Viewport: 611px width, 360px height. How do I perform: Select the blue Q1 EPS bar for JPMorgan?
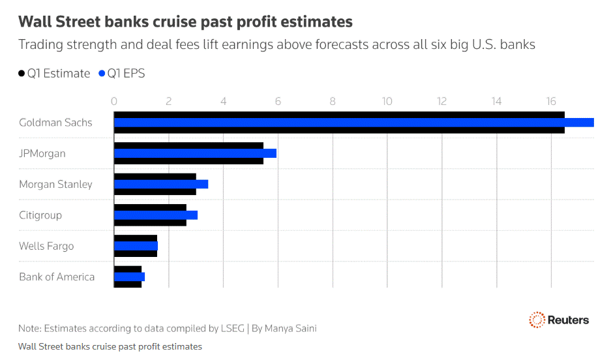[x=195, y=153]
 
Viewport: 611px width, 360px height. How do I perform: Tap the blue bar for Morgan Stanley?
[x=161, y=184]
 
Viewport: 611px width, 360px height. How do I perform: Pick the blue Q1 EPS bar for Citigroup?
[x=156, y=215]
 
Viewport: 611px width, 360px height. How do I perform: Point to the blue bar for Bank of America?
[x=129, y=277]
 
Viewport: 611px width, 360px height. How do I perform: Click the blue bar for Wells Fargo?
[x=136, y=246]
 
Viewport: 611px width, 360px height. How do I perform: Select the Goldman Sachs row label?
[x=55, y=123]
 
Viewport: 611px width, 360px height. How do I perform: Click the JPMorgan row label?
[x=42, y=154]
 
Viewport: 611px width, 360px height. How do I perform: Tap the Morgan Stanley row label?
[x=55, y=185]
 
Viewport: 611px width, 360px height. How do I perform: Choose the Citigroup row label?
[x=40, y=215]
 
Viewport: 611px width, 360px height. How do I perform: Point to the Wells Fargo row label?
[x=46, y=247]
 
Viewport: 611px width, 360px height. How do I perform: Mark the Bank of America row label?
[x=57, y=277]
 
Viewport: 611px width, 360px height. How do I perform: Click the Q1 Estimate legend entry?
[x=54, y=74]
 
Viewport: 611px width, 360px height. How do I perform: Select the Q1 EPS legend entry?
[x=121, y=74]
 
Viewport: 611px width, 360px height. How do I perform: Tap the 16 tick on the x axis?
[x=551, y=101]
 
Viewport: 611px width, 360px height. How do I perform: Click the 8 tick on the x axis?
[x=333, y=101]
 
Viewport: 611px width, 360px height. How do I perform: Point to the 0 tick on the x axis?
[x=114, y=101]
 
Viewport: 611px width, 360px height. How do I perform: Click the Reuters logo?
[x=559, y=320]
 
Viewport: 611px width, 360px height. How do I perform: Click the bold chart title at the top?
[x=185, y=22]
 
